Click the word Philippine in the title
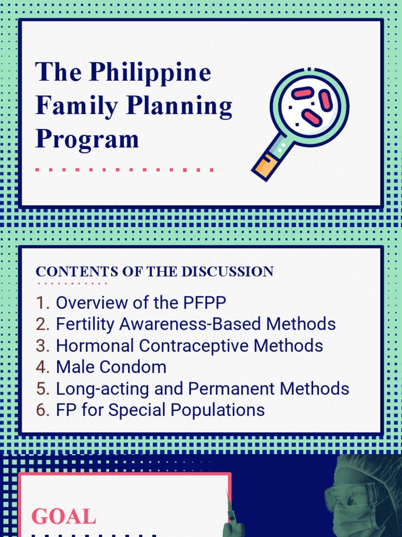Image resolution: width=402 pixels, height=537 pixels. tap(150, 73)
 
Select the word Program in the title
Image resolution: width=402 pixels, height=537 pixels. tap(87, 139)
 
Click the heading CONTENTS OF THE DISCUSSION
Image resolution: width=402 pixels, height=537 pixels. tap(154, 272)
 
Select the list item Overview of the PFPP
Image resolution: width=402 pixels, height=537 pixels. tap(141, 303)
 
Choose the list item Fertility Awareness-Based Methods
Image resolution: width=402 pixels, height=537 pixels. tap(195, 324)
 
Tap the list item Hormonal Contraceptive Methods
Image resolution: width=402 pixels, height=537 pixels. tap(189, 346)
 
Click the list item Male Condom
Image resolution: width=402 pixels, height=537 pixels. tap(111, 367)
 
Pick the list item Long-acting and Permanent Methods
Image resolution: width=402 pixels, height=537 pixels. tap(202, 389)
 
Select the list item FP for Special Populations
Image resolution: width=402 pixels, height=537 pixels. tap(160, 410)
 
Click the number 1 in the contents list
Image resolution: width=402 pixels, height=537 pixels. tap(41, 303)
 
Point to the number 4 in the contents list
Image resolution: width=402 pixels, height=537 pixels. tap(41, 367)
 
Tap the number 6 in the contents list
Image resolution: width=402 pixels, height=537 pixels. tap(41, 410)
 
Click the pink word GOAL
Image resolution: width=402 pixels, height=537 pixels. tap(64, 517)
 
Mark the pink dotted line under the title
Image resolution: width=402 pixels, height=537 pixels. tap(124, 170)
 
